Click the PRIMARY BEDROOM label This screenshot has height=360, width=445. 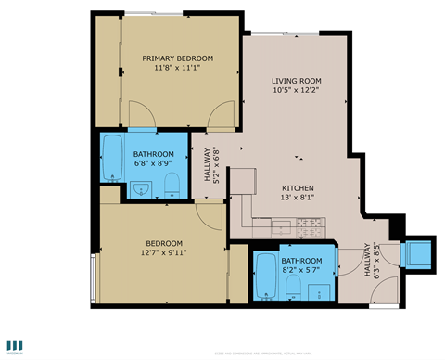pos(177,58)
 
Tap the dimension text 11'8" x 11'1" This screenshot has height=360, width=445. pos(177,68)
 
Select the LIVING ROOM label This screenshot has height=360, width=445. pos(296,80)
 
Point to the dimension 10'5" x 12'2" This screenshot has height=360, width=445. pos(296,90)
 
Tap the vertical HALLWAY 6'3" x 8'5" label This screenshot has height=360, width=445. pos(371,261)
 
